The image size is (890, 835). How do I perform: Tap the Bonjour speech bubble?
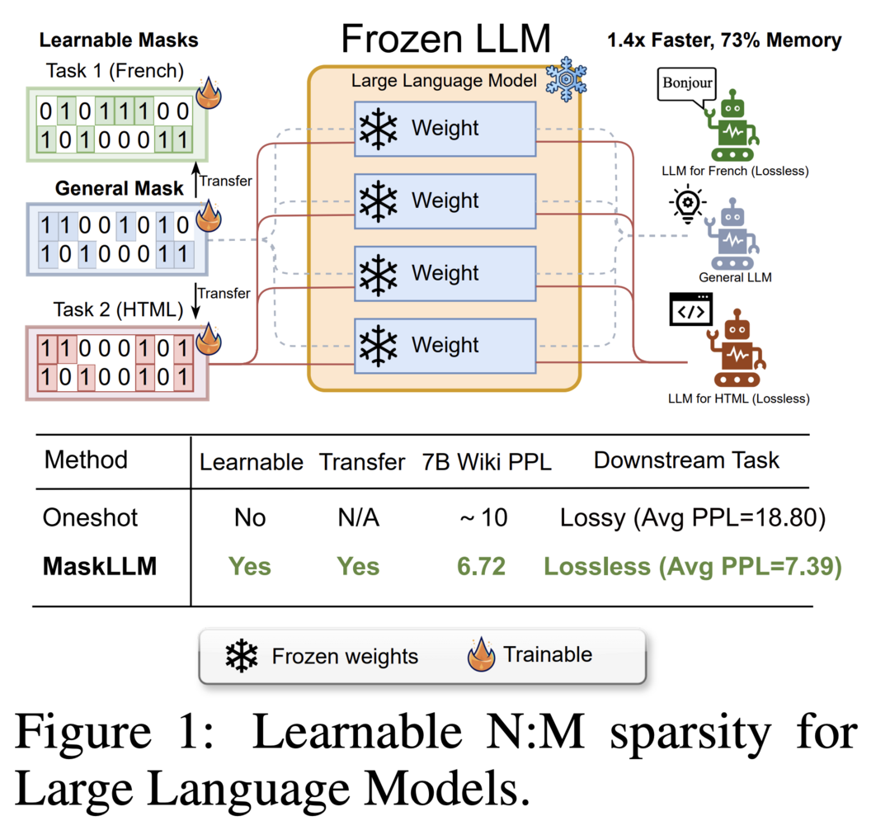pyautogui.click(x=687, y=85)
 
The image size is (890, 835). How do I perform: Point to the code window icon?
pyautogui.click(x=690, y=309)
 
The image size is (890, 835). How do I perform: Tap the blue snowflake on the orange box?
pyautogui.click(x=566, y=79)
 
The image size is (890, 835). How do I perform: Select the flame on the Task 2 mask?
pyautogui.click(x=209, y=339)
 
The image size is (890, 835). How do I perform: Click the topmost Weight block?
pyautogui.click(x=445, y=129)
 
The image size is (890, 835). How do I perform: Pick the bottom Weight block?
pyautogui.click(x=445, y=346)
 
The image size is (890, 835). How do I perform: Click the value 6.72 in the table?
pyautogui.click(x=481, y=567)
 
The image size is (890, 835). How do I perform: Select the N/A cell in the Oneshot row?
pyautogui.click(x=358, y=517)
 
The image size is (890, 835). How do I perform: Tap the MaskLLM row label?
pyautogui.click(x=100, y=567)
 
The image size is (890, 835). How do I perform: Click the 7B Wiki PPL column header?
pyautogui.click(x=487, y=462)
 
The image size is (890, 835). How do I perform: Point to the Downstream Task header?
pyautogui.click(x=686, y=460)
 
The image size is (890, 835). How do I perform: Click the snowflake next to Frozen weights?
pyautogui.click(x=241, y=656)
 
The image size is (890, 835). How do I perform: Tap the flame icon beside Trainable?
pyautogui.click(x=482, y=654)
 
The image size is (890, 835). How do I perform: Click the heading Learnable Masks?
pyautogui.click(x=119, y=40)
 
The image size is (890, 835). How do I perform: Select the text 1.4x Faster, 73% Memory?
pyautogui.click(x=724, y=40)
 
